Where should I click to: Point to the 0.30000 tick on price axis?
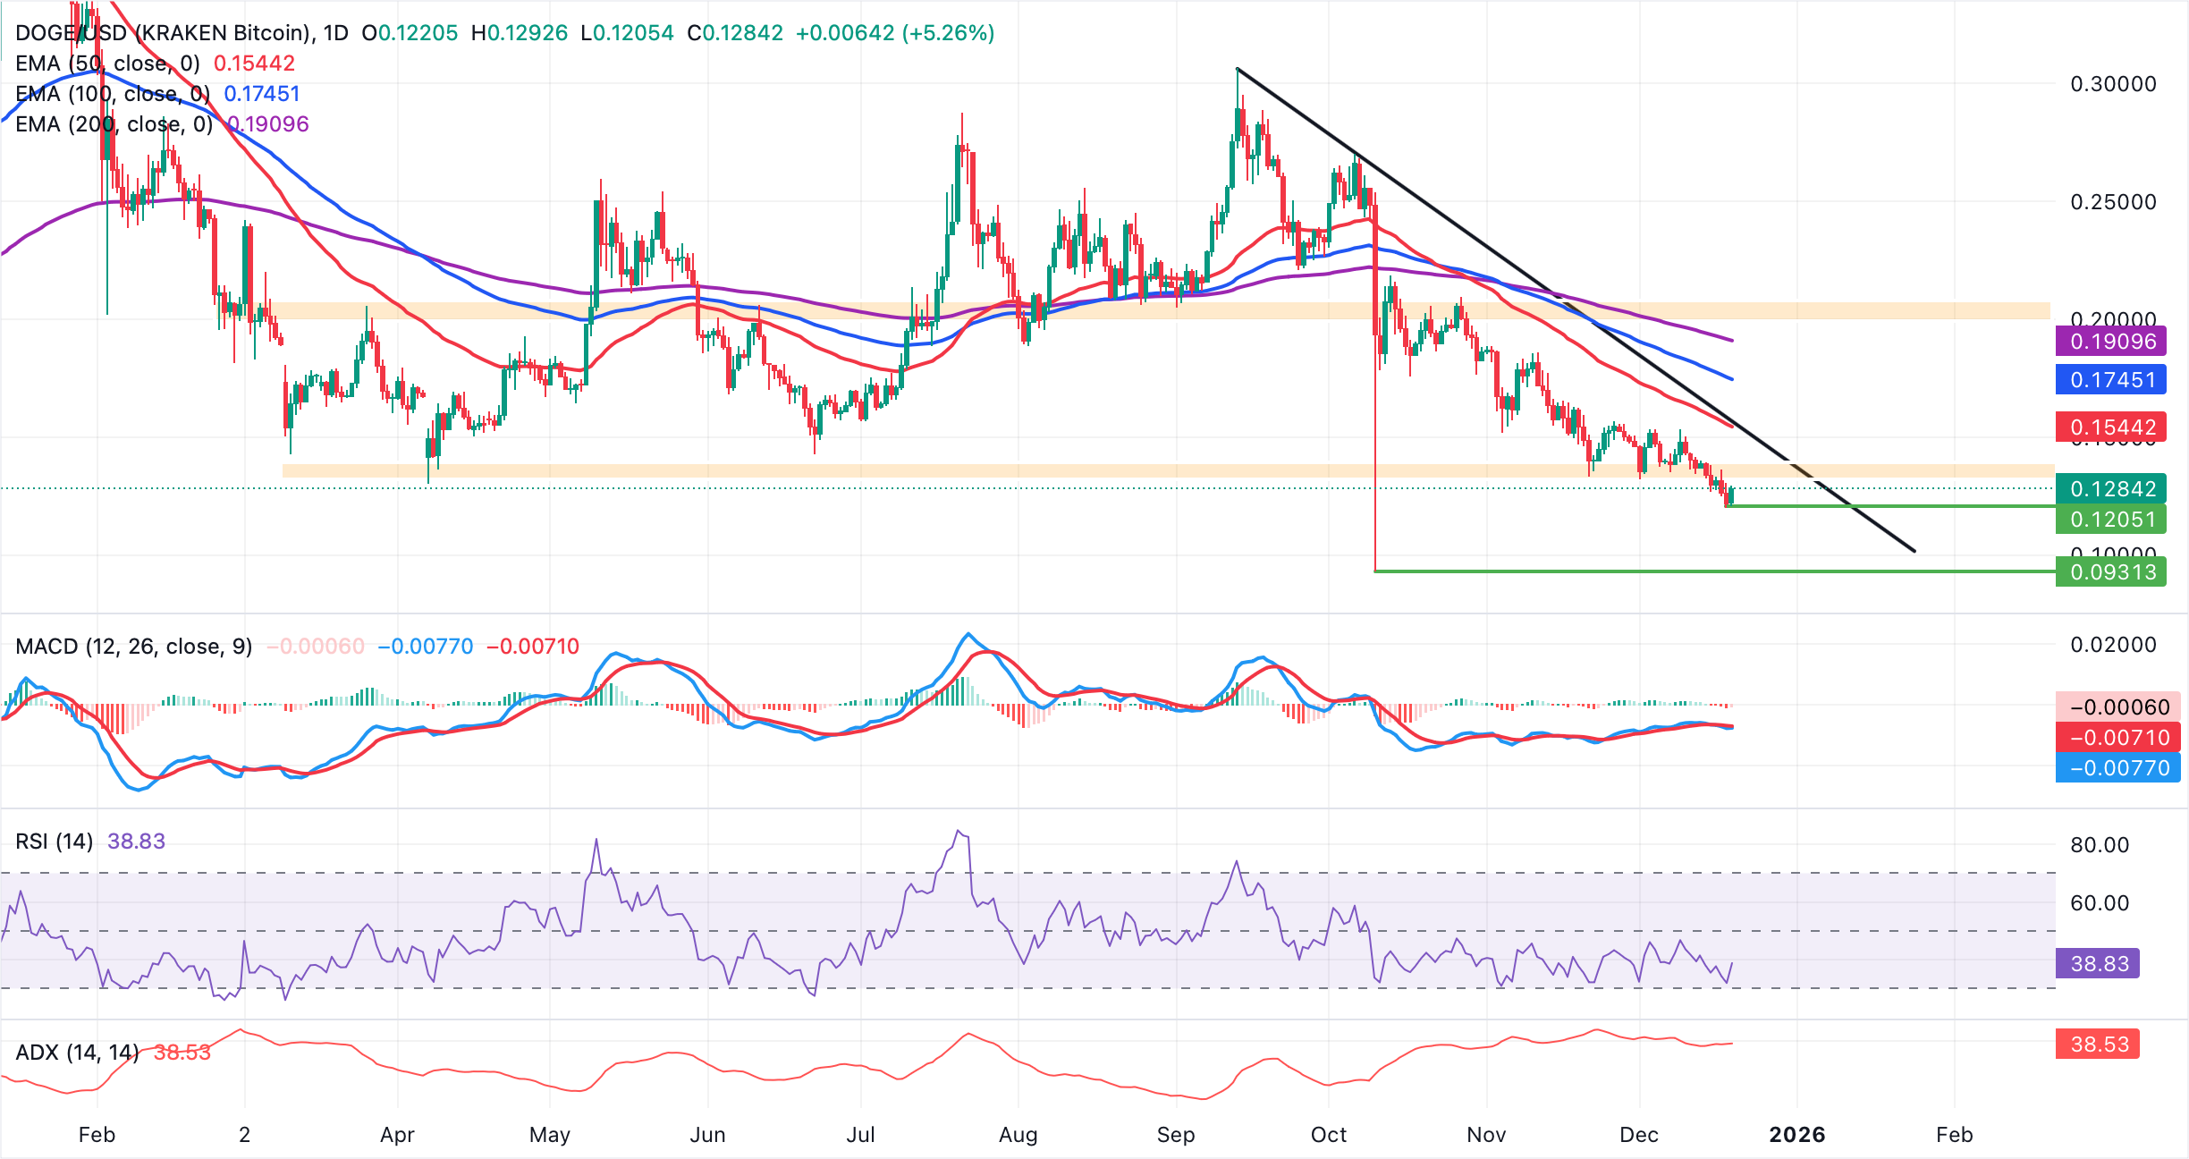click(2113, 84)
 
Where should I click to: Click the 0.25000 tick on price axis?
click(2113, 202)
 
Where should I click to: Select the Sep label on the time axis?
click(1175, 1135)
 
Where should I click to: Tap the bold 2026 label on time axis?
click(1796, 1135)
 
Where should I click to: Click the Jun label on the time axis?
click(707, 1135)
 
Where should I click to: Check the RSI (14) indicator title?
click(55, 842)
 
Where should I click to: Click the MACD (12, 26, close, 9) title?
click(134, 647)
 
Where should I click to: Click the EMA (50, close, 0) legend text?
click(107, 63)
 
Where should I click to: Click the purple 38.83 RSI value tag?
click(2098, 963)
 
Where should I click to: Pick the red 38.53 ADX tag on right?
click(2098, 1044)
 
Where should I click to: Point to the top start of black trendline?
click(1238, 68)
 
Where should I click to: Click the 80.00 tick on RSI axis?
click(2100, 845)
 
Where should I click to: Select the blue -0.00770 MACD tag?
click(2117, 767)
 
